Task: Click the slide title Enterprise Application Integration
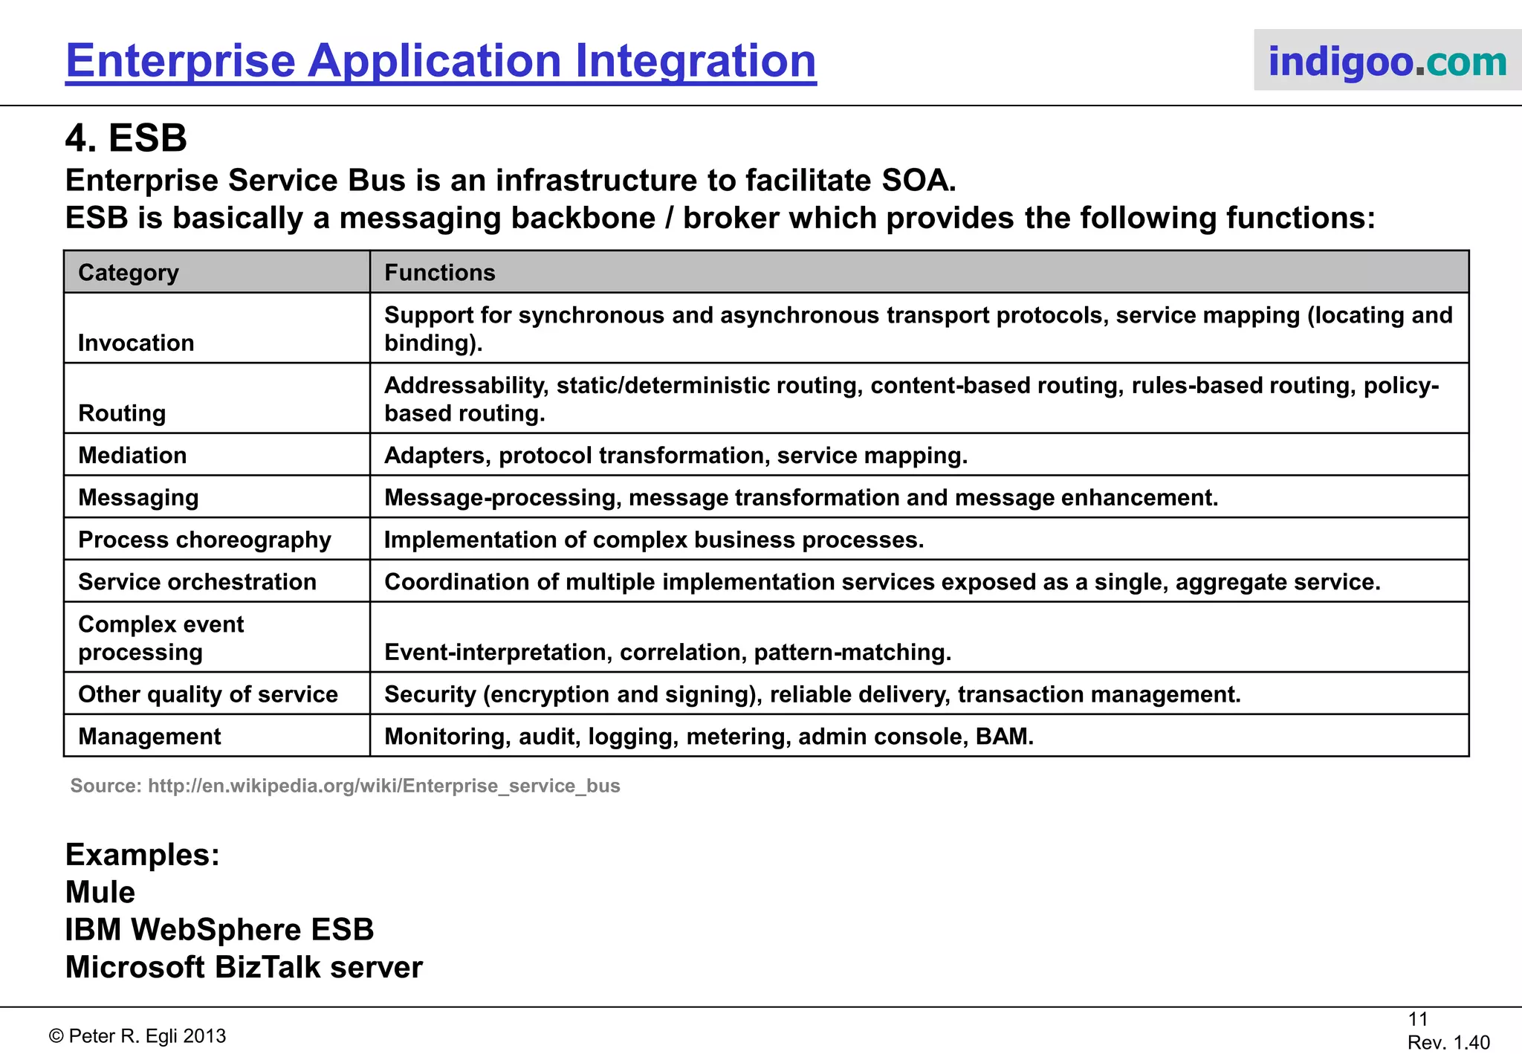click(x=441, y=61)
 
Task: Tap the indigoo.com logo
click(x=1387, y=61)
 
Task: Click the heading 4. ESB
click(x=126, y=138)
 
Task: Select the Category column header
click(x=129, y=273)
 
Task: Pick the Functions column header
click(x=439, y=273)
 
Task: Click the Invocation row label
click(x=136, y=343)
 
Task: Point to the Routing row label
click(x=122, y=413)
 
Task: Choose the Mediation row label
click(x=132, y=455)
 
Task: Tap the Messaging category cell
click(x=138, y=497)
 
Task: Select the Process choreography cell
click(x=204, y=540)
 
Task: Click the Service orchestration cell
click(x=197, y=582)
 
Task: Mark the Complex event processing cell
click(x=161, y=638)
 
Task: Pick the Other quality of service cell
click(x=208, y=694)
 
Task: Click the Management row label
click(x=149, y=737)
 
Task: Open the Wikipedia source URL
click(x=383, y=786)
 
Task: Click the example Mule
click(x=100, y=892)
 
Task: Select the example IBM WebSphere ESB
click(x=219, y=930)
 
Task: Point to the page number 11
click(x=1418, y=1019)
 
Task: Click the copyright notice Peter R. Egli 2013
click(x=137, y=1036)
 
